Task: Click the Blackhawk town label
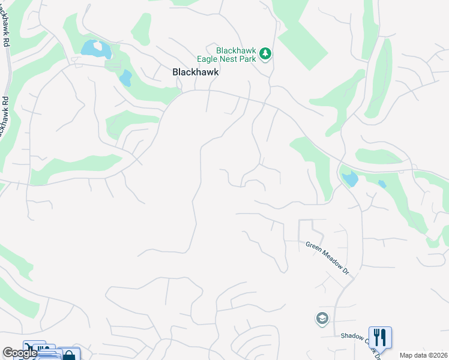coord(196,71)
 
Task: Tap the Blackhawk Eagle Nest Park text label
coord(228,55)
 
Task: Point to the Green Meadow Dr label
coord(328,258)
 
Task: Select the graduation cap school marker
coord(322,319)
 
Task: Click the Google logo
coord(19,353)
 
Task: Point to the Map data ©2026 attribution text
coord(424,355)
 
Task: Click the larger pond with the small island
coord(92,47)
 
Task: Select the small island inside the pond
coord(97,46)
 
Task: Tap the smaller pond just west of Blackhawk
coord(125,77)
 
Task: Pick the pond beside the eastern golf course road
coord(349,178)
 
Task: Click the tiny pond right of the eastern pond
coord(382,184)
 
